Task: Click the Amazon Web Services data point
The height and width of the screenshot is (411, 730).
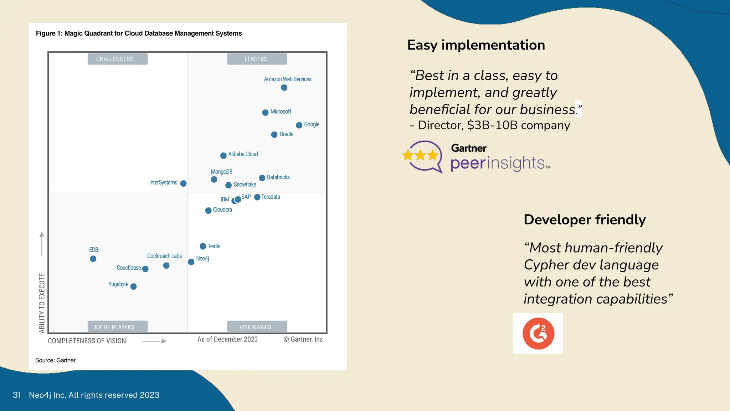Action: coord(284,88)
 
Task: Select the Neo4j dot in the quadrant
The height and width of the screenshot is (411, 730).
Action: coord(191,262)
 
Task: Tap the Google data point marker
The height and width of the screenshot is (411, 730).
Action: coord(299,125)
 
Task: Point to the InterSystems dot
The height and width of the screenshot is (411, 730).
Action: coord(183,183)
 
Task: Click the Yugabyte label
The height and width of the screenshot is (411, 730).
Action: coord(118,284)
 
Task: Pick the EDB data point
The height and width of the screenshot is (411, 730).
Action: coord(93,259)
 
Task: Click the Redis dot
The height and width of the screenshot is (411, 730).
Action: coord(203,246)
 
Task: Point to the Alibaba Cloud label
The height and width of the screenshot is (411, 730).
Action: coord(243,154)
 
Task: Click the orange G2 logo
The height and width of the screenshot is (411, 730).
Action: coord(538,334)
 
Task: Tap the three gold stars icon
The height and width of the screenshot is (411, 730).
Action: coord(421,155)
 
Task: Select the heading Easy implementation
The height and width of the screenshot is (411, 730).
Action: coord(476,45)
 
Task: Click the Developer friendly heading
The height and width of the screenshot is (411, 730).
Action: coord(585,220)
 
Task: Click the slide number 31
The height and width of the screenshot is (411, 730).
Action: coord(17,395)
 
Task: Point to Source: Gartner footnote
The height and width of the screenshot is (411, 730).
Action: coord(55,360)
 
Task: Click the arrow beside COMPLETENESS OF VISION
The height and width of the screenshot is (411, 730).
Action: coord(154,341)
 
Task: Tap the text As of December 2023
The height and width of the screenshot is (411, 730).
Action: coord(227,339)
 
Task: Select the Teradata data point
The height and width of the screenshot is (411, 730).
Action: coord(257,197)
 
